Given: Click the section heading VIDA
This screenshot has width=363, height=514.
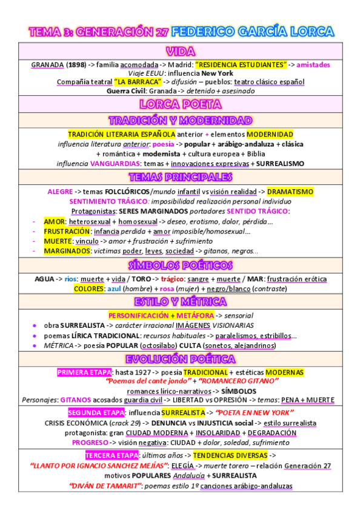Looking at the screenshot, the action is (181, 51).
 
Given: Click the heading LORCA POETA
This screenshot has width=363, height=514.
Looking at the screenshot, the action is (181, 104).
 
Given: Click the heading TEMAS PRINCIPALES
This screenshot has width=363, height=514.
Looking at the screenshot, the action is (181, 177).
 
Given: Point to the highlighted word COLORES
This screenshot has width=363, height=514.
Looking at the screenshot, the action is (88, 289).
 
